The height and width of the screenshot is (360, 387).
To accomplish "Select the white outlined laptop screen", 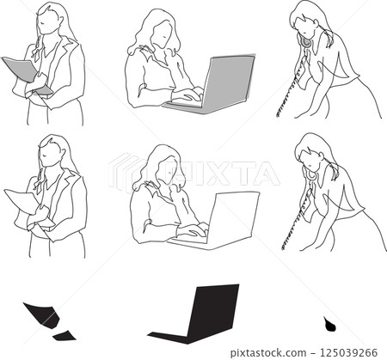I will click(232, 215).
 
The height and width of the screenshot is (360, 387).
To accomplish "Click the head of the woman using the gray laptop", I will click(159, 33).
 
